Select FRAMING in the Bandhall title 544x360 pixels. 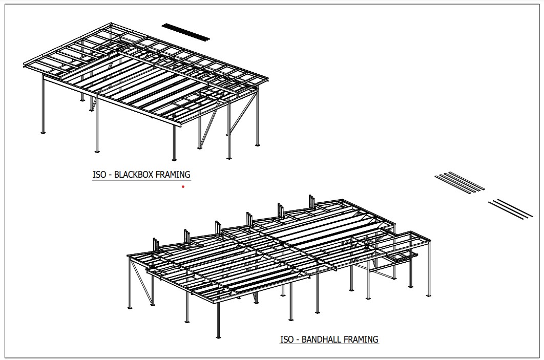pos(362,339)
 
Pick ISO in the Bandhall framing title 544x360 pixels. pos(287,339)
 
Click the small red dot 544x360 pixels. pos(183,187)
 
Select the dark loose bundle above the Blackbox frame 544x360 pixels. pos(186,31)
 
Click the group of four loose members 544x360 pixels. pos(459,182)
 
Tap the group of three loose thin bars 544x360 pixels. pos(510,209)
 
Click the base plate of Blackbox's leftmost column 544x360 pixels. pos(43,133)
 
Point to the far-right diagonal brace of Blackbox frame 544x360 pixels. pos(245,119)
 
